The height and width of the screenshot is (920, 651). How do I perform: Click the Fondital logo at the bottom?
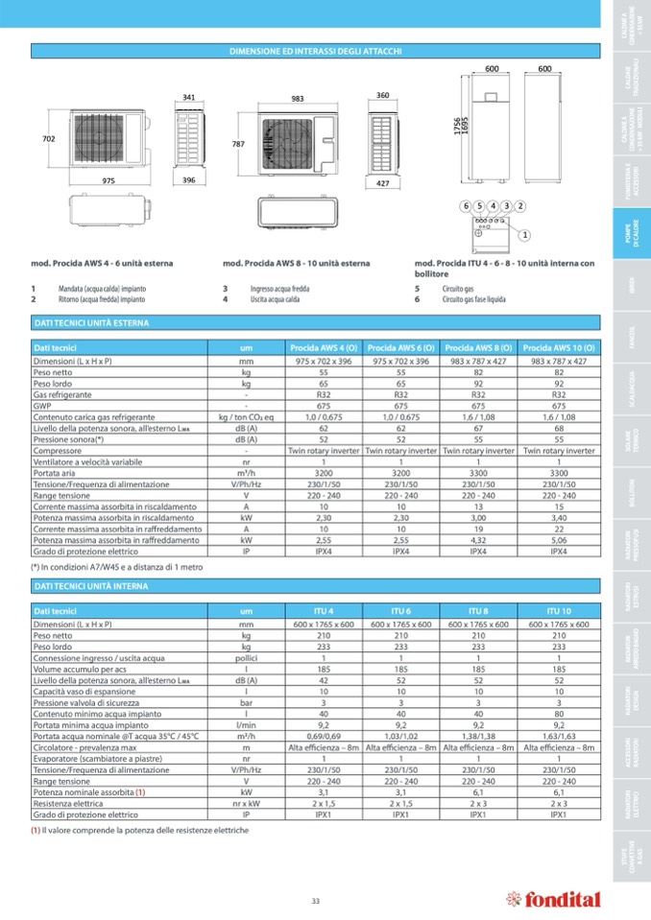[553, 900]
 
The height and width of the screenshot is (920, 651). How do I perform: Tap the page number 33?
[315, 900]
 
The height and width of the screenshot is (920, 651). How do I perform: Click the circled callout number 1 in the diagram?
[525, 234]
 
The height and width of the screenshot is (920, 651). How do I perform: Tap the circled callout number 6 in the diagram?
[466, 206]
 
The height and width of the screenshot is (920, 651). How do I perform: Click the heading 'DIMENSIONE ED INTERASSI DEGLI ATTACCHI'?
[315, 51]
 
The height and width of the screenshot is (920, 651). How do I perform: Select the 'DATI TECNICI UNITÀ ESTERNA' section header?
[91, 324]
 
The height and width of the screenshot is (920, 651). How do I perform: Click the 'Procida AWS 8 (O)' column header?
[479, 346]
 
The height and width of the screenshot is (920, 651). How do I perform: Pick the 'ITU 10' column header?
[559, 611]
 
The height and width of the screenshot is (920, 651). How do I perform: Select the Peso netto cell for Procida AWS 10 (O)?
[559, 372]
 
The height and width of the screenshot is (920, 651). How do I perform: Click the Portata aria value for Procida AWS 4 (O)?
[323, 472]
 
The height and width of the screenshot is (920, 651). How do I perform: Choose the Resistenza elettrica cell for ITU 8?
[479, 803]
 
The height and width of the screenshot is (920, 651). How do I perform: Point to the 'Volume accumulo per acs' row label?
[74, 668]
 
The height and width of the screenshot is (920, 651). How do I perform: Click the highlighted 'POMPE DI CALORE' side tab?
[625, 235]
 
